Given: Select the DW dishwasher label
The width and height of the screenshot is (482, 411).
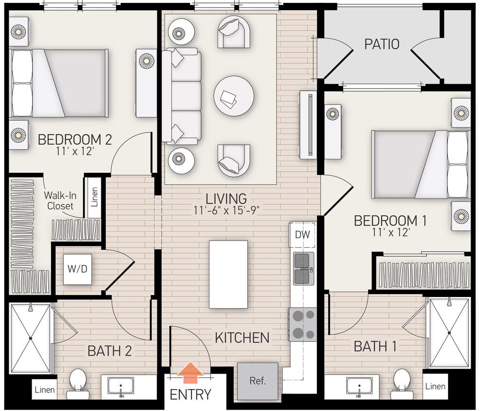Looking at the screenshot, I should click(302, 234).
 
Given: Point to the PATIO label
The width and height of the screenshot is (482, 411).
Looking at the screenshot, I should click(382, 44).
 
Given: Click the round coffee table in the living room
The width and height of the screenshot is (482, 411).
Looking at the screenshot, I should click(234, 95).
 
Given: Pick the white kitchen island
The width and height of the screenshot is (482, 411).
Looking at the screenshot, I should click(228, 274).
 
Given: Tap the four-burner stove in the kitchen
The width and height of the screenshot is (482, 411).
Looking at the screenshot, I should click(302, 324).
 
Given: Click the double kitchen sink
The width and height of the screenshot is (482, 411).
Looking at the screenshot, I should click(303, 268).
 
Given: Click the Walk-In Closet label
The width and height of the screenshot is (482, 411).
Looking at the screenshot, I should click(59, 200).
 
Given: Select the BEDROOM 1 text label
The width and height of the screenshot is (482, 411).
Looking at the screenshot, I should click(390, 221).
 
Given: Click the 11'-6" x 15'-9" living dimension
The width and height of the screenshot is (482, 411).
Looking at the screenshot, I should click(226, 211).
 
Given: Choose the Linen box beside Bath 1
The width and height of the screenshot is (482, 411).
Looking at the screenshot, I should click(435, 386).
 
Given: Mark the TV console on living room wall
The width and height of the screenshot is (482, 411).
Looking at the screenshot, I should click(309, 124).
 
